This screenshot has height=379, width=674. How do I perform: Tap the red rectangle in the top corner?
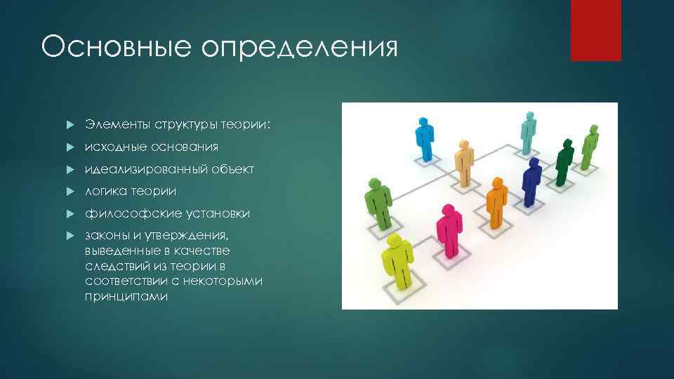(x=595, y=30)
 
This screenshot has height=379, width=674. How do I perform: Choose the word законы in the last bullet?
(x=107, y=235)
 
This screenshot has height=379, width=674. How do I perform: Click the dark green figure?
(x=563, y=163)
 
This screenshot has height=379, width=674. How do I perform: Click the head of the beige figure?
(x=463, y=145)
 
